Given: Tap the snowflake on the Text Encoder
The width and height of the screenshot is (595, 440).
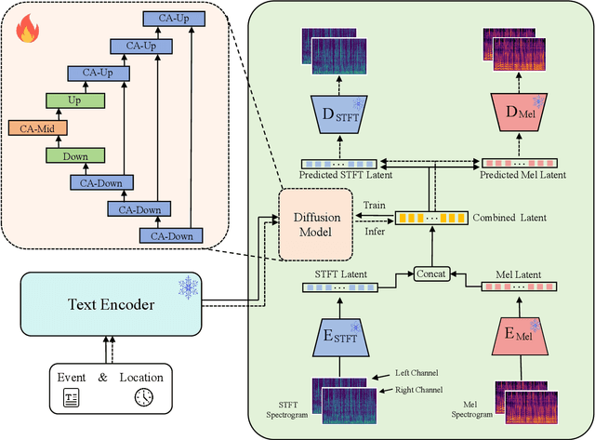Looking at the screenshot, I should click(x=190, y=287).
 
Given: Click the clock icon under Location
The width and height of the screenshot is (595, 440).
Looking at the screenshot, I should click(x=142, y=398).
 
